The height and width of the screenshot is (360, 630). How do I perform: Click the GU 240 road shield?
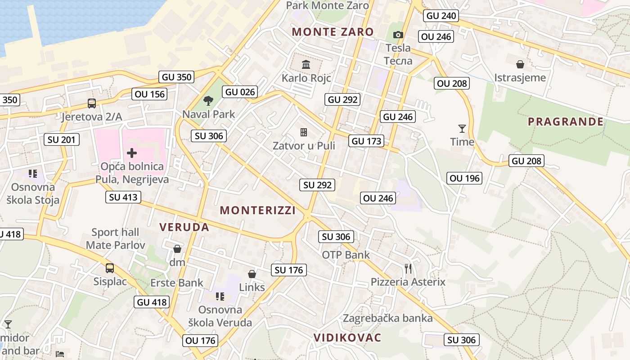pos(441,16)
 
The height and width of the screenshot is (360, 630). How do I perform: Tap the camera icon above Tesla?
pos(398,35)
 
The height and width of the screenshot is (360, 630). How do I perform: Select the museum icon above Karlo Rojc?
pos(306,64)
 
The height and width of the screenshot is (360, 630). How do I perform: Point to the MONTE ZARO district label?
pos(333,32)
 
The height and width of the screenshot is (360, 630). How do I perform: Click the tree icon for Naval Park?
pos(208,100)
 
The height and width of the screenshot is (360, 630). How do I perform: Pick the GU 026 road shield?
pos(240,92)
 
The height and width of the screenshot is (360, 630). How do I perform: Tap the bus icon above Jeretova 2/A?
pos(92,103)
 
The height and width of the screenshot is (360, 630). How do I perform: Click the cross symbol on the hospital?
pos(132,153)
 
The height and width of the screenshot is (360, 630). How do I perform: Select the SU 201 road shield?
pos(62,139)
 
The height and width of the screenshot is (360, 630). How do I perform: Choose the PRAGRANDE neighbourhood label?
pos(566,121)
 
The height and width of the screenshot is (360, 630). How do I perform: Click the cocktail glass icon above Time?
pos(462,129)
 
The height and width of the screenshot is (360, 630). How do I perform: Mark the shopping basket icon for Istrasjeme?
pos(520,64)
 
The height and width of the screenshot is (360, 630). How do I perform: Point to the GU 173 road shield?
pos(367,141)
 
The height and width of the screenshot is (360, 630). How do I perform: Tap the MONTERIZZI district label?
pos(258,210)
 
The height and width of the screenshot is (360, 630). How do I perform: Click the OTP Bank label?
pos(346,255)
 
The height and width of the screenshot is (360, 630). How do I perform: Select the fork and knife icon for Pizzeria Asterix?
pos(408,269)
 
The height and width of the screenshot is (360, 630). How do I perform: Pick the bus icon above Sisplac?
pos(110,268)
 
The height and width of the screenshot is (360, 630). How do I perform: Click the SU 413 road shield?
pos(123,197)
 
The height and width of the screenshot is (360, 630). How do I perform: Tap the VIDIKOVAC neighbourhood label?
pos(347,337)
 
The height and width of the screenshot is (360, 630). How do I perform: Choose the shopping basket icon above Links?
pos(252,274)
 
